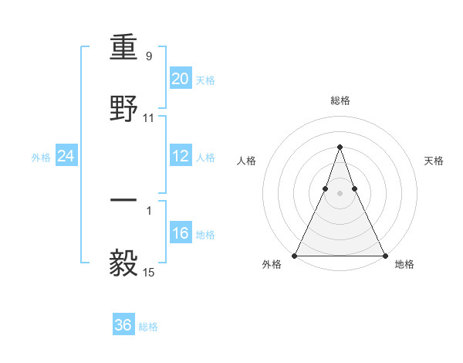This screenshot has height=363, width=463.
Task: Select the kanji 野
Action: (123, 108)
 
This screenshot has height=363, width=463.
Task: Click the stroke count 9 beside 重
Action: (148, 56)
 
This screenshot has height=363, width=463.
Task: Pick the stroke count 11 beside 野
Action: (149, 118)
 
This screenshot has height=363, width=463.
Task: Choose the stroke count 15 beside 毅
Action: (149, 272)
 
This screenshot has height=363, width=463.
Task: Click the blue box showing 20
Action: (180, 79)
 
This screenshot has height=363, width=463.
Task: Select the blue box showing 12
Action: (180, 156)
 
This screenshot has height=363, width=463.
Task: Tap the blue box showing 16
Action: (180, 233)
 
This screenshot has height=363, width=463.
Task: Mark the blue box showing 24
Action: (66, 156)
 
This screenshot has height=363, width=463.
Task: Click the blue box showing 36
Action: (123, 325)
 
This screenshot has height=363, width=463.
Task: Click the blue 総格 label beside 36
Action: (148, 327)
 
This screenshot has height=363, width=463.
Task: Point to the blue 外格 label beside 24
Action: (41, 158)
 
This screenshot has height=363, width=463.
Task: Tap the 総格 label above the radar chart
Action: (340, 100)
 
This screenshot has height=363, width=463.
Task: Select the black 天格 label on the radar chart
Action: (434, 161)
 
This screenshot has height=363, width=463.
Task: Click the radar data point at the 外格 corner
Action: (295, 256)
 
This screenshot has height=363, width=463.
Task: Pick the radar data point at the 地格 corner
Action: (384, 256)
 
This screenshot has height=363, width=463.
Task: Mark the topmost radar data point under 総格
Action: (340, 147)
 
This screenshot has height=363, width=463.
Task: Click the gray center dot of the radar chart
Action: (340, 194)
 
